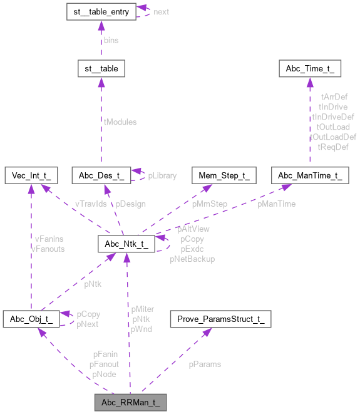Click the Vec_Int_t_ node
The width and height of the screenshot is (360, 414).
click(31, 175)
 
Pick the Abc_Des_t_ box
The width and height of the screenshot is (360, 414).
click(100, 175)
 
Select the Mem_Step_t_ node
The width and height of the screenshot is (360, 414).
click(224, 175)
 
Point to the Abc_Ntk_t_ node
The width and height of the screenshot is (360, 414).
click(126, 244)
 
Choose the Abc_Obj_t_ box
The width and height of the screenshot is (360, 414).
click(31, 319)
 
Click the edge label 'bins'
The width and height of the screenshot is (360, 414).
click(111, 40)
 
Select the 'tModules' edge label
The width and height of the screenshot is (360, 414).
click(121, 122)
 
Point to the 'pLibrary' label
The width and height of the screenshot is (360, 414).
click(162, 176)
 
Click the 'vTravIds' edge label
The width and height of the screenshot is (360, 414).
click(91, 204)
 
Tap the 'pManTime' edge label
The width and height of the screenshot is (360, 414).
click(276, 204)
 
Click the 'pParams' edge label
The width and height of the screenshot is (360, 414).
click(205, 363)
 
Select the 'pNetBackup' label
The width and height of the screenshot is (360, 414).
click(192, 259)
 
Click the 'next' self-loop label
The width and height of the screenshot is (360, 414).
click(161, 12)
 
